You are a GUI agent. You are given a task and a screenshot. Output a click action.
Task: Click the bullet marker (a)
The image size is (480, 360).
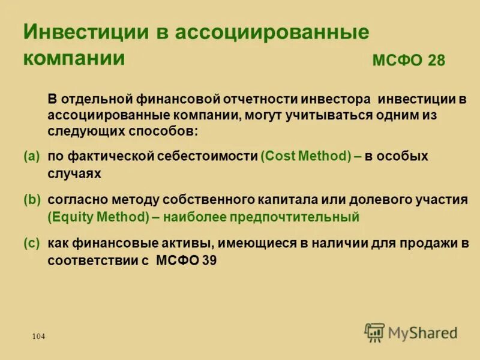(x=31, y=156)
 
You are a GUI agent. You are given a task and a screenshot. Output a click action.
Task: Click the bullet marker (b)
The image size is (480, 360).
(x=31, y=200)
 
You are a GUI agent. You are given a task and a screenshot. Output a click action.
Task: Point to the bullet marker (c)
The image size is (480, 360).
(x=31, y=244)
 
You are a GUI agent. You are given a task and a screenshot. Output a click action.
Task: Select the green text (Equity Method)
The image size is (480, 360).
(x=98, y=217)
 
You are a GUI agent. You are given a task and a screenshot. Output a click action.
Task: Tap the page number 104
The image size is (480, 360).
(x=38, y=337)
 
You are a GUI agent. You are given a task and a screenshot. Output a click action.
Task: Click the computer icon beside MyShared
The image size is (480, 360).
(x=374, y=332)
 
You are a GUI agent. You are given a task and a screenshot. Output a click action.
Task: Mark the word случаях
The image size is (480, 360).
(x=74, y=173)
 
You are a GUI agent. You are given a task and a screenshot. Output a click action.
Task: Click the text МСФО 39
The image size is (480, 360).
(x=186, y=260)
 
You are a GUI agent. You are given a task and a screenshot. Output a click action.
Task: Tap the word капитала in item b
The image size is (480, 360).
(x=272, y=200)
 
